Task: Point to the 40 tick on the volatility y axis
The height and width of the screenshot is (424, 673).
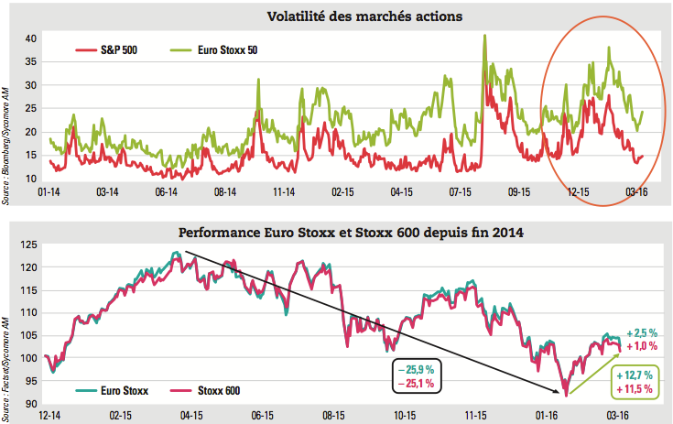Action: [x=29, y=38]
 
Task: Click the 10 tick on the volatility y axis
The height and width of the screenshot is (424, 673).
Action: [x=29, y=179]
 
